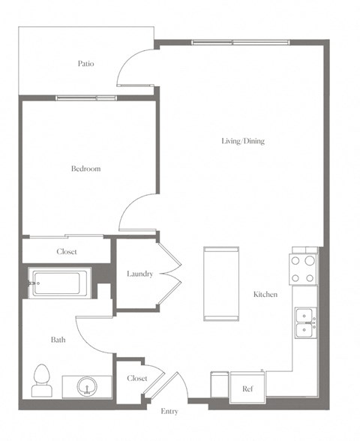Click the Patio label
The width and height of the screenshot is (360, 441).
[85, 64]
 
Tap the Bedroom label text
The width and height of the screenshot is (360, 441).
[85, 169]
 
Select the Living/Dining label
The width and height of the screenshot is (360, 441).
[242, 141]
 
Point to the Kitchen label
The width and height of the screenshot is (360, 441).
[265, 295]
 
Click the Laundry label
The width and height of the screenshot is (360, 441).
[139, 274]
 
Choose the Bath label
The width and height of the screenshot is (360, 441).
[58, 340]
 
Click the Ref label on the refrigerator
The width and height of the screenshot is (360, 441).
[247, 388]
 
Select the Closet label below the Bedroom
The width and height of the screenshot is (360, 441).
[67, 252]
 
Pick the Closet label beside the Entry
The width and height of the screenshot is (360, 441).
[136, 379]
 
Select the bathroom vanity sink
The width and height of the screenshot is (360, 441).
[87, 386]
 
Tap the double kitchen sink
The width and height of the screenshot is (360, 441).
[304, 322]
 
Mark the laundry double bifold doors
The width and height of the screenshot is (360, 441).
[170, 274]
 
